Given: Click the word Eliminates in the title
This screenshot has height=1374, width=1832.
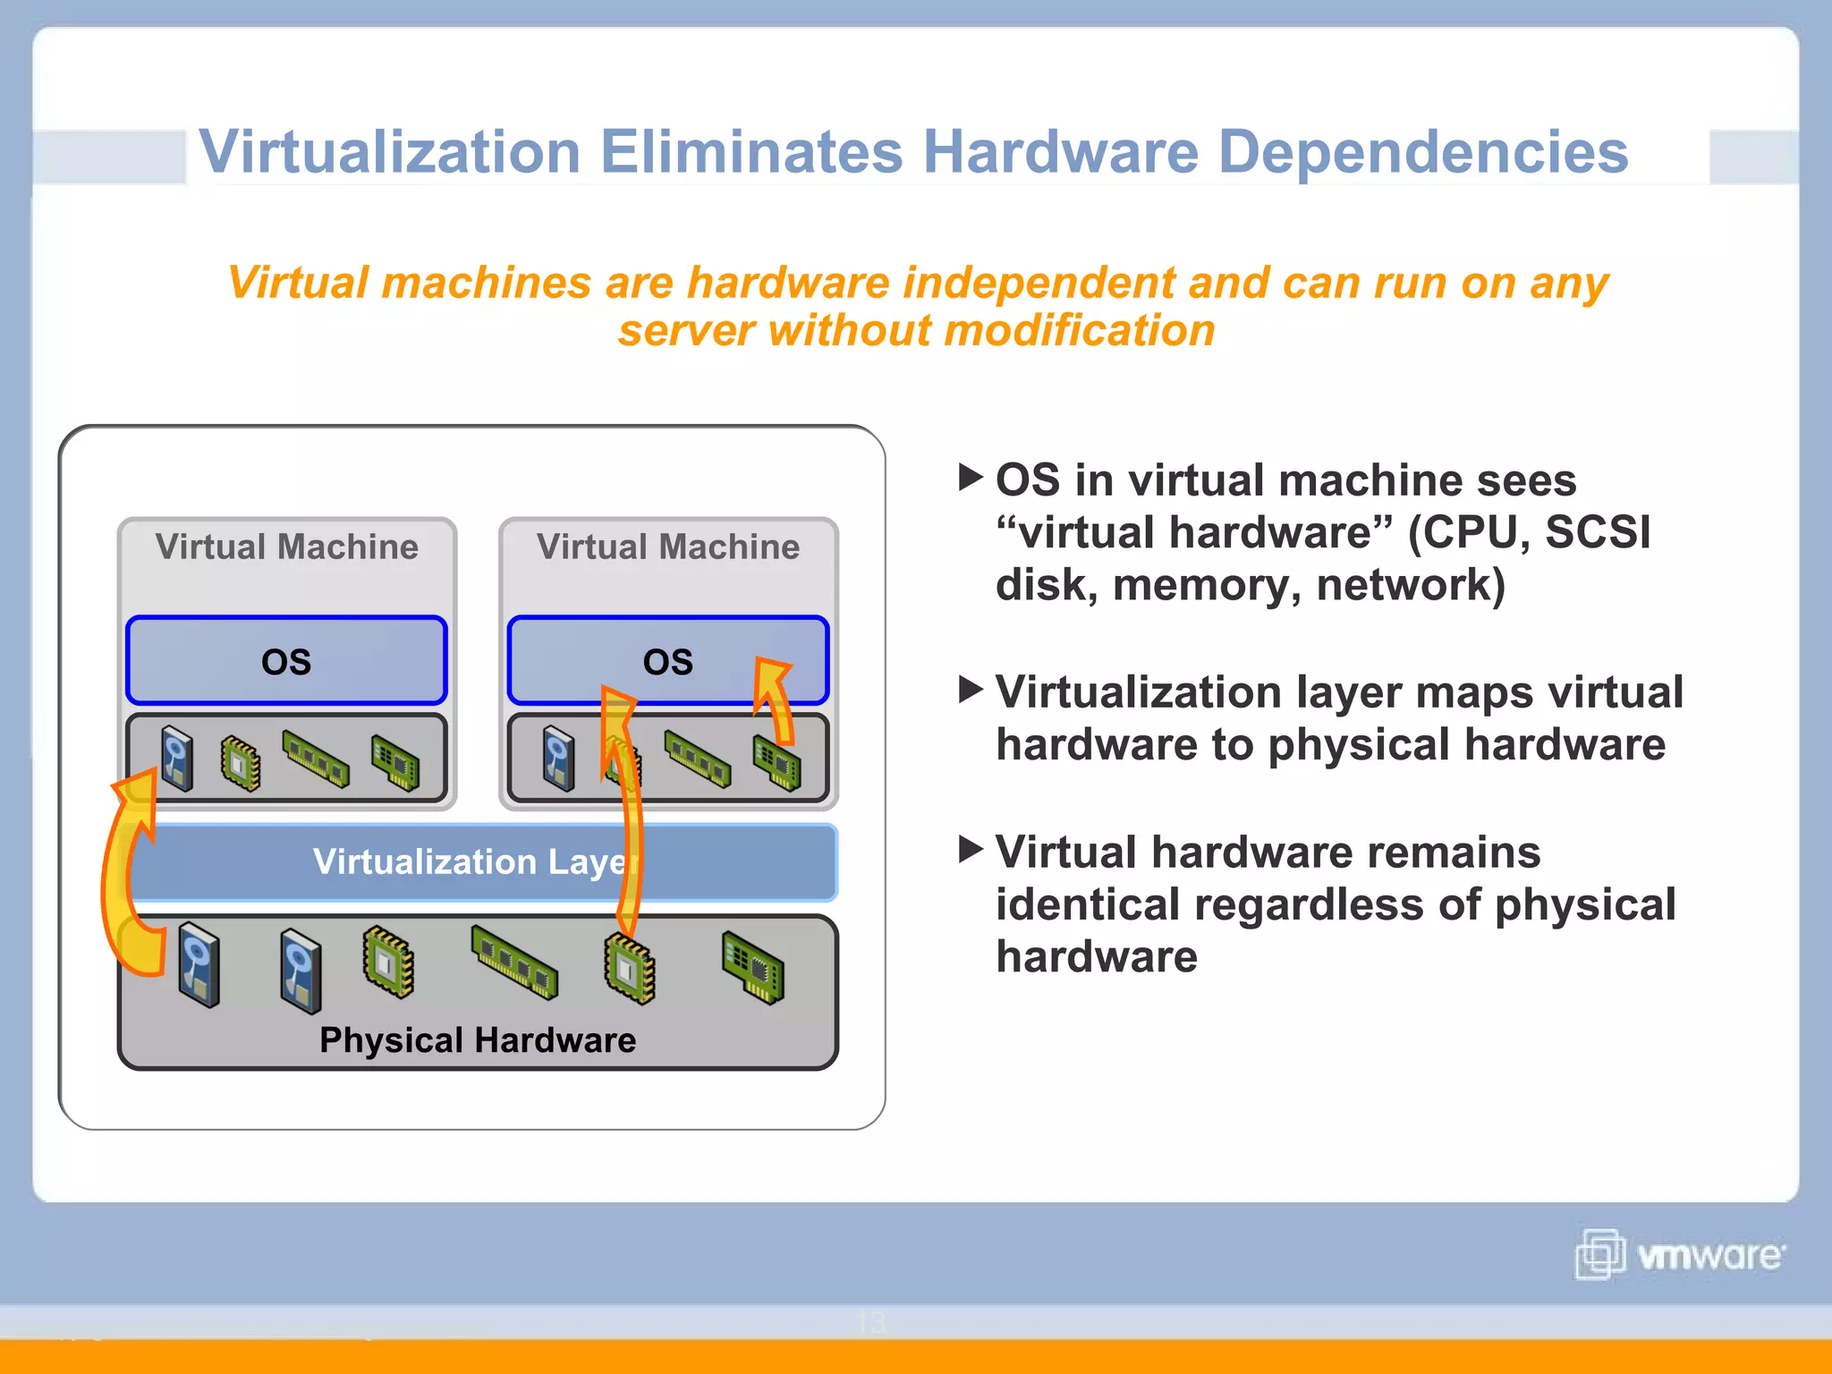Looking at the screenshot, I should click(751, 152).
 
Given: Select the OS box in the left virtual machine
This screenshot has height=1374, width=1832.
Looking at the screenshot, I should click(286, 661).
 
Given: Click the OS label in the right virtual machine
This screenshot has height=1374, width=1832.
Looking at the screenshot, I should click(667, 662).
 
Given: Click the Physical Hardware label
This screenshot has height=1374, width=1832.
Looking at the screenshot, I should click(478, 1040).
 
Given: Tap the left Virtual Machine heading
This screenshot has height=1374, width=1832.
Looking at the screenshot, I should click(286, 547).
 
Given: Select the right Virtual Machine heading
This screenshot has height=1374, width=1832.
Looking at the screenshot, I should click(667, 547).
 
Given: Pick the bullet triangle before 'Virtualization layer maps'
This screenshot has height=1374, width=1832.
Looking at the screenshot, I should click(970, 689).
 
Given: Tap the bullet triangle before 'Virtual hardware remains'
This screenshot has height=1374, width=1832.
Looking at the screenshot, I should click(970, 849).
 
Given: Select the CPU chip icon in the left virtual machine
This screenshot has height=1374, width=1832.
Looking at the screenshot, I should click(241, 763).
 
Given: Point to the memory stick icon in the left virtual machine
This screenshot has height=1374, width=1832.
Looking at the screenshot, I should click(316, 759).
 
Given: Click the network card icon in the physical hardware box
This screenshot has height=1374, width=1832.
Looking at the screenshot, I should click(753, 966).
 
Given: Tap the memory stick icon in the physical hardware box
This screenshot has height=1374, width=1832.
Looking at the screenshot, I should click(514, 963).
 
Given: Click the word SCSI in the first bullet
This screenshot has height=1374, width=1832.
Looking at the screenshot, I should click(1597, 532).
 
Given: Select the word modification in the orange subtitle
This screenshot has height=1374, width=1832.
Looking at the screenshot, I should click(1080, 330).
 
